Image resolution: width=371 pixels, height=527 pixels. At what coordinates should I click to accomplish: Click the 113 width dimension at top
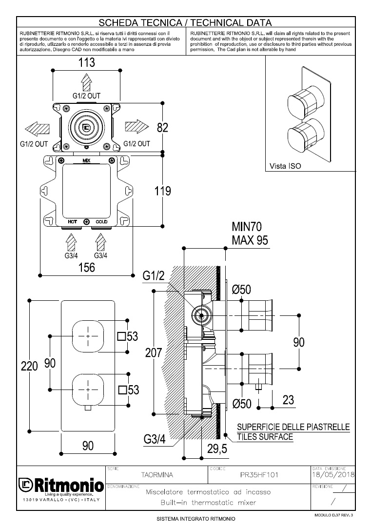pos(86,63)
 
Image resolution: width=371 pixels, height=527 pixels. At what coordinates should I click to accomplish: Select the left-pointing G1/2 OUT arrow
pos(37,130)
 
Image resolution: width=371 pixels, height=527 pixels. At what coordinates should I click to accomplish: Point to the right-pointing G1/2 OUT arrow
pos(136,127)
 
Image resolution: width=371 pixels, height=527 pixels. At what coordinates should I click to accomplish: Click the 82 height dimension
pos(162,128)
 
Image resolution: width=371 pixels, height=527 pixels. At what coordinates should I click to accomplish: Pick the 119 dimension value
pos(162,191)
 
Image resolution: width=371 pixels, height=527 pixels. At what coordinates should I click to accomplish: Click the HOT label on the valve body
pos(72,222)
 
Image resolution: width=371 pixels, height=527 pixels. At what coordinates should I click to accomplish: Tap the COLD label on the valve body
pos(101,222)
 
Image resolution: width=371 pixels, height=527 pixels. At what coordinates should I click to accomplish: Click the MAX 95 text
pos(250,240)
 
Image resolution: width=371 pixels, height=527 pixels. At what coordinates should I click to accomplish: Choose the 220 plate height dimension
pos(29,366)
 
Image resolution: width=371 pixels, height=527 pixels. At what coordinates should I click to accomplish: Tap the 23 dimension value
pos(288,400)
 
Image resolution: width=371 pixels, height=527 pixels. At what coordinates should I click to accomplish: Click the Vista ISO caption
pos(285,166)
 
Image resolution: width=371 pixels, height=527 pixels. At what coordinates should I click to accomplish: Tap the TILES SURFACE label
pos(265,437)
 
